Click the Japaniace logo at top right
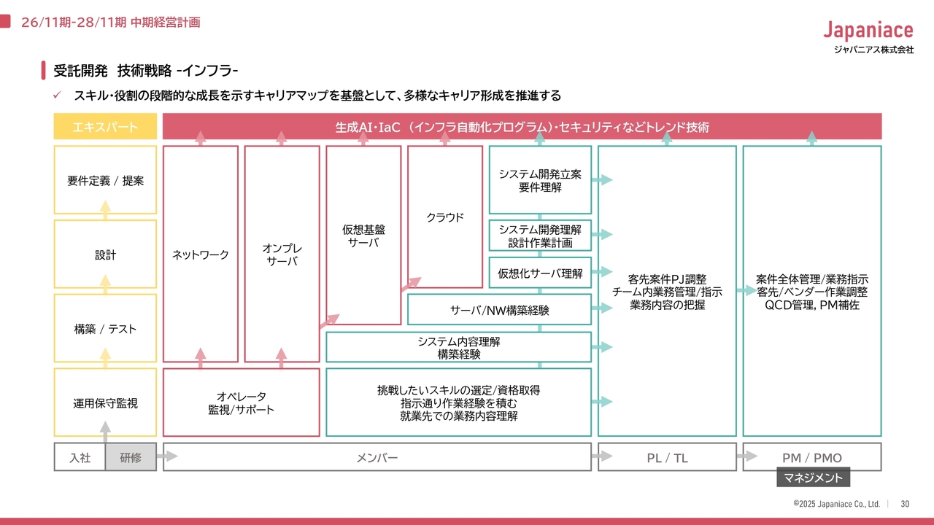point(868,31)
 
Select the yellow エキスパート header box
point(105,127)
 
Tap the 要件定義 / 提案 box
point(105,181)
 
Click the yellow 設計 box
point(105,255)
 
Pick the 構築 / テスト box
point(105,329)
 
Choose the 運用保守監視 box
point(105,402)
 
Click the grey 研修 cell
point(131,458)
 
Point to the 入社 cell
point(80,458)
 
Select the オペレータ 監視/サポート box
point(241,402)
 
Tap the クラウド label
point(444,217)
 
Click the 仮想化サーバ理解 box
point(540,273)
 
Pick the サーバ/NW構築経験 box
point(499,310)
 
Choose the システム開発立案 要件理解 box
point(540,180)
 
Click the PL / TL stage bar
point(667,458)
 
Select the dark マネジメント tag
point(813,478)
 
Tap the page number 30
point(905,504)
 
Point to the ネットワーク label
point(201,254)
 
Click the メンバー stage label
point(377,458)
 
